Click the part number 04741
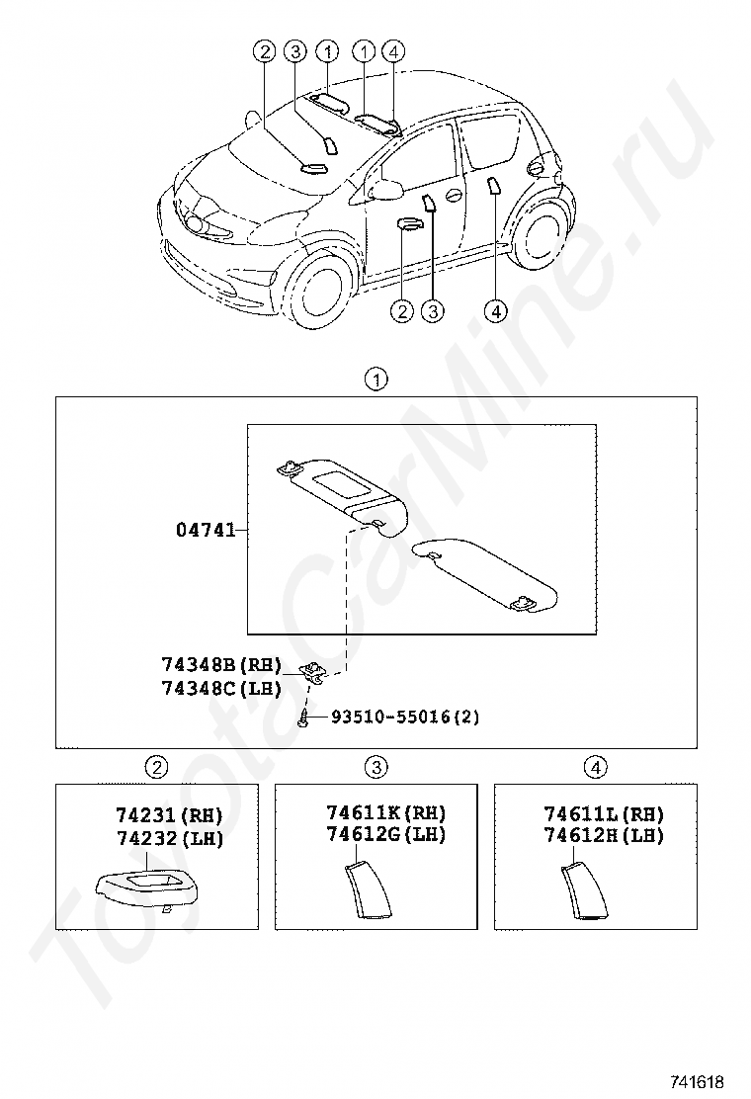coord(206,530)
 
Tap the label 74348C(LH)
coord(222,688)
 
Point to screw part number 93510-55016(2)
coord(404,717)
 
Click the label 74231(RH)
coord(169,815)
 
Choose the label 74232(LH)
coord(169,838)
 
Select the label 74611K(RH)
coord(386,812)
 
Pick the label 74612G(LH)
coord(386,834)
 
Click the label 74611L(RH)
coord(604,812)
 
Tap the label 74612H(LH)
coord(604,834)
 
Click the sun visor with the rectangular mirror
coord(341,489)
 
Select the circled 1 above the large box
coord(375,378)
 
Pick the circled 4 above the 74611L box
coord(594,766)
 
